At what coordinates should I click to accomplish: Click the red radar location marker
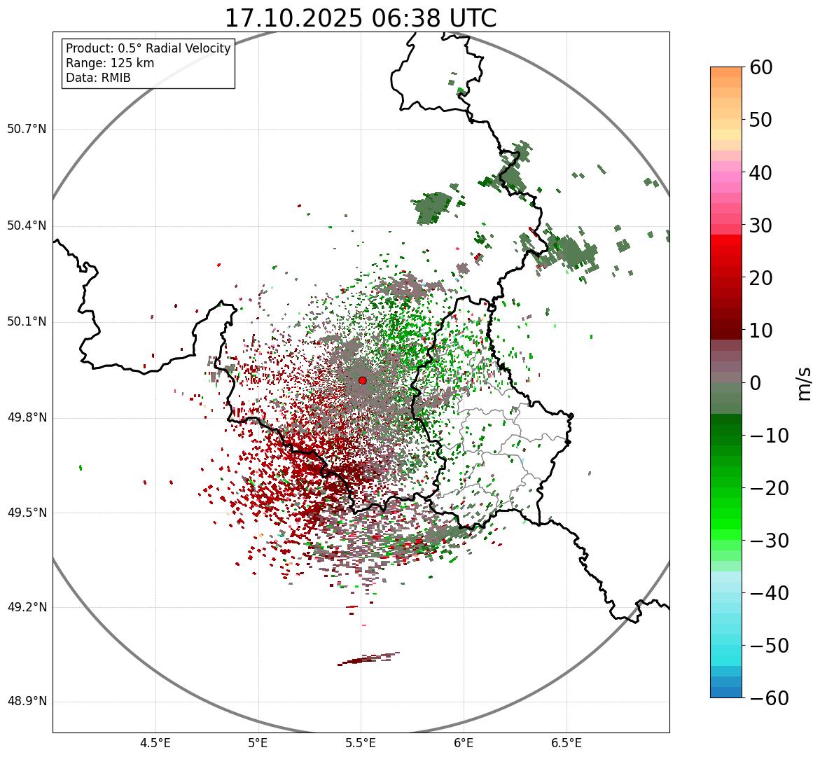362,380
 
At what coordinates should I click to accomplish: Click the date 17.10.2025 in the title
293,18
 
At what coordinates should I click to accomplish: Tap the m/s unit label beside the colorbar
805,383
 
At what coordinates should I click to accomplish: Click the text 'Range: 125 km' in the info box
110,63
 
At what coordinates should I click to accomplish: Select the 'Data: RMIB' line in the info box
98,78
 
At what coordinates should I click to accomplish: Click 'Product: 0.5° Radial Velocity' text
148,48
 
